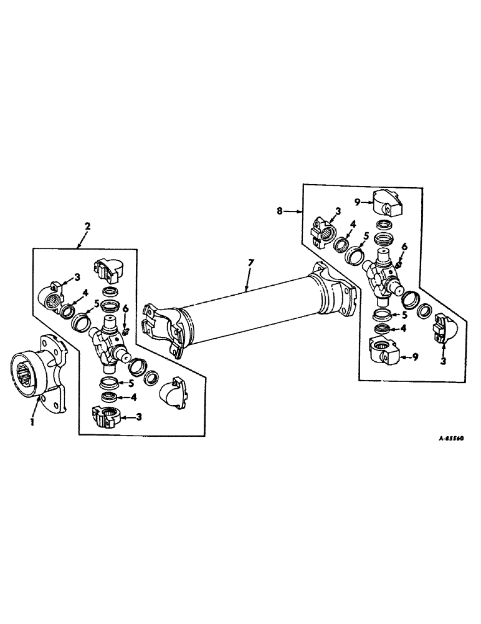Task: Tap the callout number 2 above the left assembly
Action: click(87, 228)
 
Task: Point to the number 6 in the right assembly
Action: click(404, 247)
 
